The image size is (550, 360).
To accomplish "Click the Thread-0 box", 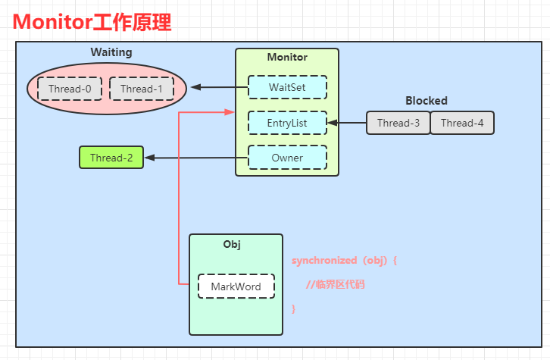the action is [x=70, y=89].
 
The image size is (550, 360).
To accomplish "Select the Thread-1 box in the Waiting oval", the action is [x=142, y=89].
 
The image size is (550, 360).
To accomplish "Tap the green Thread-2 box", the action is [x=111, y=158].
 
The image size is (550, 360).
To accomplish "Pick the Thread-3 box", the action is [x=398, y=123].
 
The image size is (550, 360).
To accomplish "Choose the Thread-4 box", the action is [x=462, y=123].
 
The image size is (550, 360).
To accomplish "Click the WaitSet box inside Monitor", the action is [x=287, y=87].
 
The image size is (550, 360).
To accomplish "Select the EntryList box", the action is [x=287, y=123].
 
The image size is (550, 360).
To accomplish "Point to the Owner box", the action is [x=287, y=158].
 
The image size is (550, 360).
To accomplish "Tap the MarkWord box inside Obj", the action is [x=236, y=286].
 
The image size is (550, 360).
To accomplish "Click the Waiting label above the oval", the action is [x=111, y=52].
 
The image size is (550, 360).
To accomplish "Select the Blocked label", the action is [x=427, y=101].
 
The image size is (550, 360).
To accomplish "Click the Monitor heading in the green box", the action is [x=287, y=57].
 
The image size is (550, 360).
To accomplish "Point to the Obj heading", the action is [x=232, y=244].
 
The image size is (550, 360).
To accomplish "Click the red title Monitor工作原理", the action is [x=92, y=22].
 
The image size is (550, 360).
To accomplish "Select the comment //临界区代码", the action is [x=336, y=284].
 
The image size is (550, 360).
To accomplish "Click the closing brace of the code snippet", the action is [x=294, y=308].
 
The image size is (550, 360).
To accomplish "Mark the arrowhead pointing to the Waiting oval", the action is [x=195, y=87].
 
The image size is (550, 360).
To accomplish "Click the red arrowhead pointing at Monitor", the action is [x=230, y=112].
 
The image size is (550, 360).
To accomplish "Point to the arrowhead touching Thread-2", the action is [x=150, y=158].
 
